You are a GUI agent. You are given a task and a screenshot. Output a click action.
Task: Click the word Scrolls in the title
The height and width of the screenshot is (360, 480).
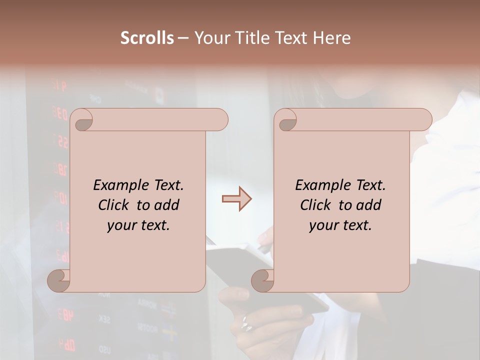tap(147, 38)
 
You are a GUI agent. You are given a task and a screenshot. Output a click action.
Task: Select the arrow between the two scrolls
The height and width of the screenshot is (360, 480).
tap(236, 199)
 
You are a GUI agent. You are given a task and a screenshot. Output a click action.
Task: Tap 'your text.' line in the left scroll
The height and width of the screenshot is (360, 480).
tap(138, 225)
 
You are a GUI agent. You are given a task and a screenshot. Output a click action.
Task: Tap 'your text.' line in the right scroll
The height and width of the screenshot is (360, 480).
tap(340, 225)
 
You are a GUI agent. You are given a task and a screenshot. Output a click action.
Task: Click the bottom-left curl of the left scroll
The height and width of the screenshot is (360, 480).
tap(59, 280)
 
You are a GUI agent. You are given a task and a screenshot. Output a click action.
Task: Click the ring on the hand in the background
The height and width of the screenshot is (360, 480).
tap(246, 323)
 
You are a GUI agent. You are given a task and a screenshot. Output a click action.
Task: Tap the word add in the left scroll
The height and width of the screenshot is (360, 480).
tap(166, 205)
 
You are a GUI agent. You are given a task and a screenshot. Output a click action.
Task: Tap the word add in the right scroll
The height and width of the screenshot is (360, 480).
tap(368, 205)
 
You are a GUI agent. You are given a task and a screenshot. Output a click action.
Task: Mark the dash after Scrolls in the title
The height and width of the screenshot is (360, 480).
tap(183, 38)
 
